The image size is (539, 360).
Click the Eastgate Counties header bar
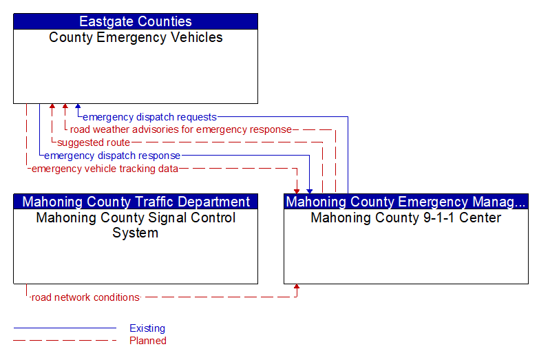[x=136, y=21]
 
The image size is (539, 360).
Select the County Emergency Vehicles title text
[x=136, y=37]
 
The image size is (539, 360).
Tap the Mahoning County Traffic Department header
[x=136, y=202]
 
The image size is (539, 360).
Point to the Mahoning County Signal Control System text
[x=136, y=225]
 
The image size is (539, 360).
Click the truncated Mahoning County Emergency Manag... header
[x=406, y=202]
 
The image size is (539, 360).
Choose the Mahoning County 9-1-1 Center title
[x=406, y=218]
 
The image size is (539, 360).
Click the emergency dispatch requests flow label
[x=149, y=117]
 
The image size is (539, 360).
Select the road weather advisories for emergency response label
[x=181, y=129]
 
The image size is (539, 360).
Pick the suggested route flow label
[x=94, y=142]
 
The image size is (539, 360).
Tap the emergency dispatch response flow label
[x=112, y=156]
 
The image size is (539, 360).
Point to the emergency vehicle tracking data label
[x=105, y=169]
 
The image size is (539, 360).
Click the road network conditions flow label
[x=85, y=297]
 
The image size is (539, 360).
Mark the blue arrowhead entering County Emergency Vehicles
[x=78, y=106]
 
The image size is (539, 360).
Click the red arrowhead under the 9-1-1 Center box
[x=296, y=287]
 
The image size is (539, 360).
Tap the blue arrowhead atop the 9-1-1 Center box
[x=309, y=191]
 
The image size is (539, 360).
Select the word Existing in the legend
[x=147, y=328]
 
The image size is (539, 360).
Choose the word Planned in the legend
[x=148, y=341]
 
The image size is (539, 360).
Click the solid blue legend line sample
[x=65, y=328]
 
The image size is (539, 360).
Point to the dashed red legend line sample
[x=65, y=341]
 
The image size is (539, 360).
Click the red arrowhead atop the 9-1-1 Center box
[x=296, y=191]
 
